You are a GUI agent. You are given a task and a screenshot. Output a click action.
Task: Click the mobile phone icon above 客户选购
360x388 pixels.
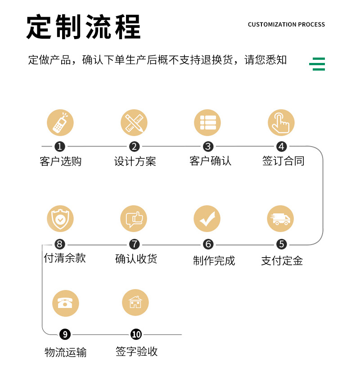click(60, 123)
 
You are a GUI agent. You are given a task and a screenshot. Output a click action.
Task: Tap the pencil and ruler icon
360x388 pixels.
click(134, 123)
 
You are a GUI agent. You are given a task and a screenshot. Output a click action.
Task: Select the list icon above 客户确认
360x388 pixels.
click(207, 123)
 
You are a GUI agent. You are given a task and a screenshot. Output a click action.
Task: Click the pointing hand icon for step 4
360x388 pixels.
click(281, 123)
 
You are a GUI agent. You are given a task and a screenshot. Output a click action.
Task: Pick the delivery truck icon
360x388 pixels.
click(281, 219)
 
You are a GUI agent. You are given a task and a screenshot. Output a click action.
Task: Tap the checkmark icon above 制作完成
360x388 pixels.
click(207, 219)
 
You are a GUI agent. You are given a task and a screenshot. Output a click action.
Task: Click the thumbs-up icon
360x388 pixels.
click(134, 219)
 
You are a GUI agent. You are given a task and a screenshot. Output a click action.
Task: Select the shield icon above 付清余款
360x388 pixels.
click(60, 219)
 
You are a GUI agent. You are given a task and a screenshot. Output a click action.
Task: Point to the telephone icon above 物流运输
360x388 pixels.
click(65, 303)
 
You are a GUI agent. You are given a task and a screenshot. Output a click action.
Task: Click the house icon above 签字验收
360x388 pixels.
click(135, 303)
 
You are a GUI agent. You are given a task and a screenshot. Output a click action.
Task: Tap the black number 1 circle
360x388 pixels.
click(60, 147)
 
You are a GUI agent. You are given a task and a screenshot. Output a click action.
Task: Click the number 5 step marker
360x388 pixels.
click(281, 244)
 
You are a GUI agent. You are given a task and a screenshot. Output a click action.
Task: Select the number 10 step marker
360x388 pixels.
click(136, 334)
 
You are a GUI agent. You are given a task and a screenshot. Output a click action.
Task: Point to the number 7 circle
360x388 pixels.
click(134, 244)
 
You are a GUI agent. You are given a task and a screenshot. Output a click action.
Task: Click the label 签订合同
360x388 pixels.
click(283, 161)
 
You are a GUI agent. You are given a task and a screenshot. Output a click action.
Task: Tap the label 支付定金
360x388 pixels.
click(282, 260)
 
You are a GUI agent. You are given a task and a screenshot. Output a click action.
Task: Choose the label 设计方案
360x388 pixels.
click(135, 161)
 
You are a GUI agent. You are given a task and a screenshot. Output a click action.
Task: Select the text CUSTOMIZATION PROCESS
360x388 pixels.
click(286, 24)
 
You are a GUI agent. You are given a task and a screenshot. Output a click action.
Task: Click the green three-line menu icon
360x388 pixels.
click(317, 64)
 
